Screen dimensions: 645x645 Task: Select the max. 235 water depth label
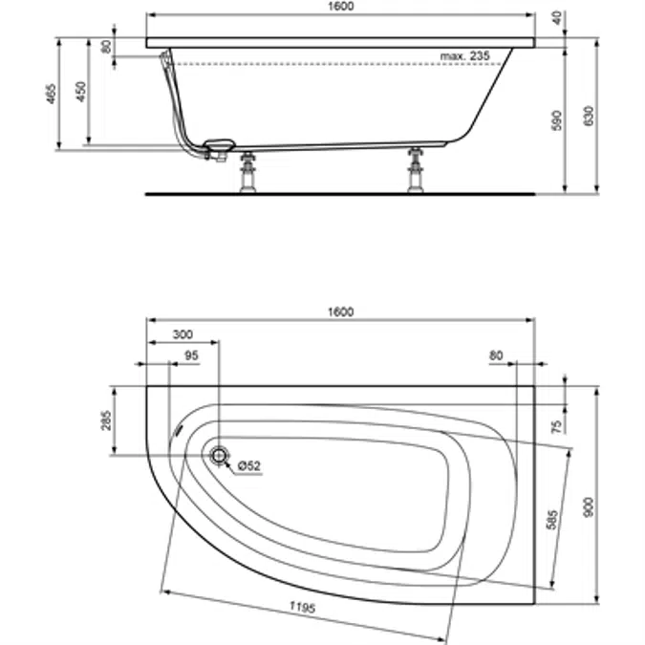[465, 57]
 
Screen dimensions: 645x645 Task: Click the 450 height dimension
[82, 90]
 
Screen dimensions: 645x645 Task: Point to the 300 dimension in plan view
[183, 335]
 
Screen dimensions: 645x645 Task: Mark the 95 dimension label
[190, 355]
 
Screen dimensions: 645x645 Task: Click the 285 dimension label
[107, 420]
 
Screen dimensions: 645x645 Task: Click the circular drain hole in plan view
[220, 457]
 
